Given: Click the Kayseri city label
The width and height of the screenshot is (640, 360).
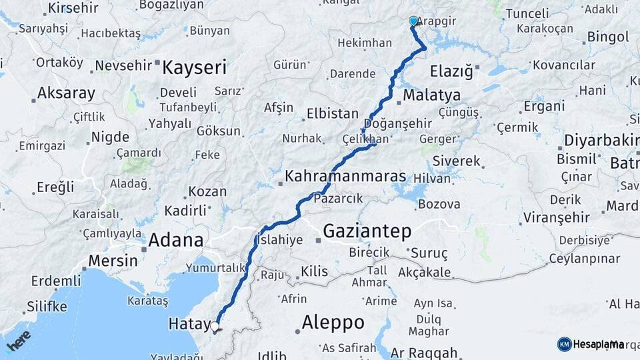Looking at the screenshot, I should tap(195, 67).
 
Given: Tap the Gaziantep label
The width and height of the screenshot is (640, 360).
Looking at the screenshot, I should tap(367, 231).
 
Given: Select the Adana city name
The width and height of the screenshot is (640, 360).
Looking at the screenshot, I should tap(176, 240).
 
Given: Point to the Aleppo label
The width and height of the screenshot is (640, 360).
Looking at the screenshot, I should tap(333, 323).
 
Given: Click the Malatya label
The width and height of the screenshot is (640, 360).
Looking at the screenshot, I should tap(431, 95).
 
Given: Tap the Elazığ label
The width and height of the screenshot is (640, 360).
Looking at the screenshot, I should tap(451, 70).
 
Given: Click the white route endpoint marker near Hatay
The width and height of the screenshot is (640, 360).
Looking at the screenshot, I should tap(215, 327).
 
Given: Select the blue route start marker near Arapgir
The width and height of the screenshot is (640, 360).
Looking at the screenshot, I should tap(413, 21).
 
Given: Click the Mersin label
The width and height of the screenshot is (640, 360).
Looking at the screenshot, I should tap(113, 260).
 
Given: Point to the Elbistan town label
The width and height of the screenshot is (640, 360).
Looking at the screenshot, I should tap(333, 113).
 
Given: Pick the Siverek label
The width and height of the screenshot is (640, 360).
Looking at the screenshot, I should tap(456, 161).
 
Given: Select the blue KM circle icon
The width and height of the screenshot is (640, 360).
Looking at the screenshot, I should tap(564, 344).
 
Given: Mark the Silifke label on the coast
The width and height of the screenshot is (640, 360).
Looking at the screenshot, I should tap(47, 307).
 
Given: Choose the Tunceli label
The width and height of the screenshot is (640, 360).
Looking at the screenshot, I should tap(527, 13).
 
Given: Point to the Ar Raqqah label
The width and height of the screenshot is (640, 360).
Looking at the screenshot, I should tap(424, 353).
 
